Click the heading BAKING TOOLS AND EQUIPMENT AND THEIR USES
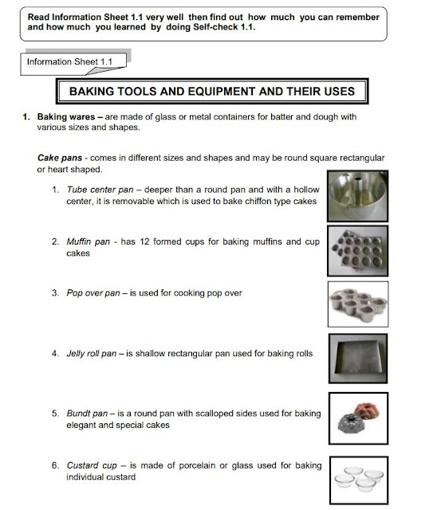(x=211, y=92)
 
